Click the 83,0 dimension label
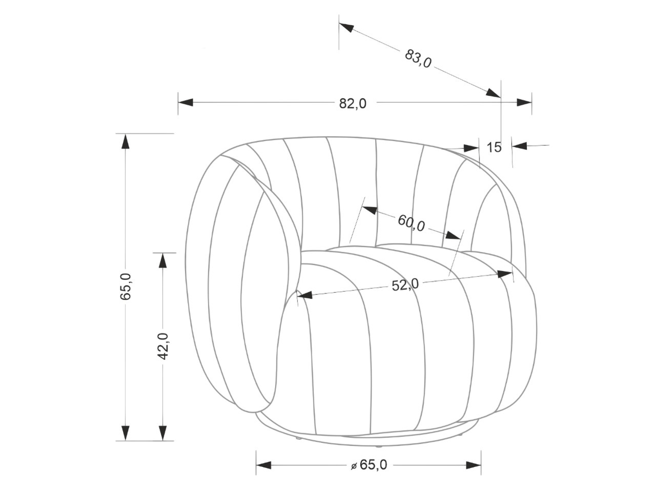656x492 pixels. [418, 58]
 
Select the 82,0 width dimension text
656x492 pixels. [353, 103]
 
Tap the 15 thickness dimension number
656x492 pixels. [494, 148]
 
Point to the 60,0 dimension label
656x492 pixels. [411, 223]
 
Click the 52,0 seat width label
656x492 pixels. [405, 285]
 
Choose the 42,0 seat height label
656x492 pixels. [163, 345]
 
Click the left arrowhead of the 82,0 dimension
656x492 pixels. [186, 102]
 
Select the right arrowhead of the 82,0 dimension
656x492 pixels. [524, 102]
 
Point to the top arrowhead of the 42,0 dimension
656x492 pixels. [163, 260]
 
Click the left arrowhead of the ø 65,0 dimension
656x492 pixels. [263, 465]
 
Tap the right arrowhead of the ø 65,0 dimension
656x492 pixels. [474, 465]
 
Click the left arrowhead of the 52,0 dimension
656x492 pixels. [304, 295]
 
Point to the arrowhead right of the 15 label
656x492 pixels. [519, 146]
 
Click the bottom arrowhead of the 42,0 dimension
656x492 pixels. [163, 433]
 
